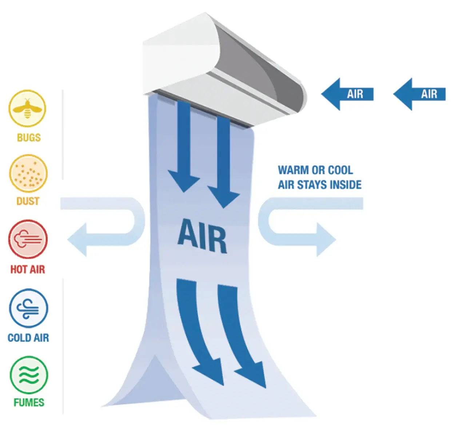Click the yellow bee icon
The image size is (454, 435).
point(27,108)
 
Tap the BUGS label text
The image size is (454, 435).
point(29,137)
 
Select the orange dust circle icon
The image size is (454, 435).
point(28,173)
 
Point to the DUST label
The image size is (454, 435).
point(28,201)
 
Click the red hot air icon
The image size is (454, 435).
point(28,239)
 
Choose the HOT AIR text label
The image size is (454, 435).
point(28,269)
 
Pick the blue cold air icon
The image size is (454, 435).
point(28,308)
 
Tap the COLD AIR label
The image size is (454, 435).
point(28,338)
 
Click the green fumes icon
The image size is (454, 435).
point(29,375)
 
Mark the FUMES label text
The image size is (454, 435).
point(29,402)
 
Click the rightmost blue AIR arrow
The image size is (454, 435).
point(420,94)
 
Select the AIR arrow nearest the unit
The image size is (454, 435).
point(347,94)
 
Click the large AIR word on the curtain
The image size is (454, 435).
point(203,236)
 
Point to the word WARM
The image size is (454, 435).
point(293,170)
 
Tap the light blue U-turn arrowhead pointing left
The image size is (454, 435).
point(77,240)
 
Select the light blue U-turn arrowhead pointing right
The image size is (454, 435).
point(326,240)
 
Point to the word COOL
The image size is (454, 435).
point(340,170)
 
